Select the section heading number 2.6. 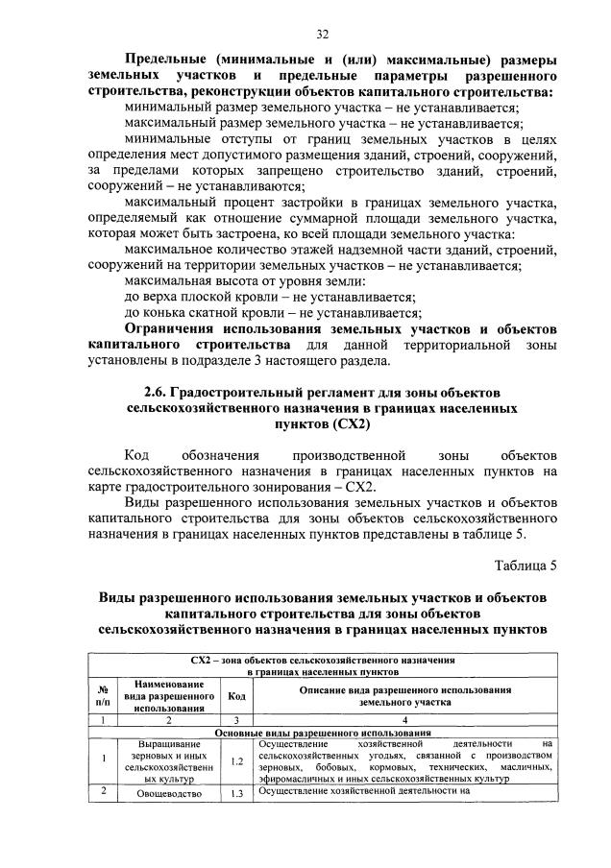pyautogui.click(x=158, y=391)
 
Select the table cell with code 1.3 pyautogui.click(x=235, y=794)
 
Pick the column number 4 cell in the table pyautogui.click(x=404, y=718)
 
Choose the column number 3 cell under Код pyautogui.click(x=235, y=718)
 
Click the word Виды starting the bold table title pyautogui.click(x=120, y=597)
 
